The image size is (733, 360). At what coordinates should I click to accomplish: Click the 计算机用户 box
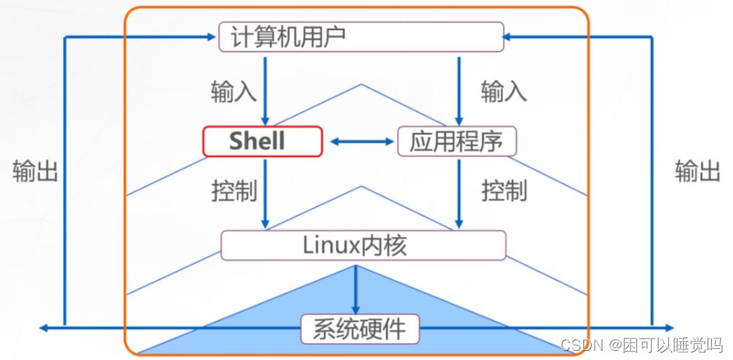pyautogui.click(x=361, y=36)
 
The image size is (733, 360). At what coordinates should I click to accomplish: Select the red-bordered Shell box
pyautogui.click(x=263, y=141)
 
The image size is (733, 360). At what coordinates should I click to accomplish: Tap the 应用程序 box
pyautogui.click(x=456, y=141)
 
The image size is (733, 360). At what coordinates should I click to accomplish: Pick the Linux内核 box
pyautogui.click(x=363, y=245)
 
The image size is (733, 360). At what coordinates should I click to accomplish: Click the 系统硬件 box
pyautogui.click(x=360, y=328)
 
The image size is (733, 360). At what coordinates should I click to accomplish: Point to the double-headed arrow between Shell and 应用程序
pyautogui.click(x=362, y=142)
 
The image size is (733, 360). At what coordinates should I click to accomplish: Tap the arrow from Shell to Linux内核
pyautogui.click(x=265, y=193)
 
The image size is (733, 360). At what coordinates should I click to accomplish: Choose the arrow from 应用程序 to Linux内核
pyautogui.click(x=458, y=193)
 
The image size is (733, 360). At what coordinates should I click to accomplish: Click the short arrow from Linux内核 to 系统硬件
pyautogui.click(x=356, y=289)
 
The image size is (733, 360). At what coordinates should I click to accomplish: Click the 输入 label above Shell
pyautogui.click(x=233, y=92)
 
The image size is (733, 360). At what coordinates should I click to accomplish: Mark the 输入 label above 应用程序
pyautogui.click(x=503, y=92)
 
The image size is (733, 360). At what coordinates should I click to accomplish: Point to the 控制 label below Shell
pyautogui.click(x=234, y=191)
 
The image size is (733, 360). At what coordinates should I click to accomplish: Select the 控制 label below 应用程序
pyautogui.click(x=503, y=191)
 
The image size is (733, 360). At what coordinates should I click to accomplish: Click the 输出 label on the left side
pyautogui.click(x=35, y=171)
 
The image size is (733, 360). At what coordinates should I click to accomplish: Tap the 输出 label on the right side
pyautogui.click(x=697, y=171)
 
